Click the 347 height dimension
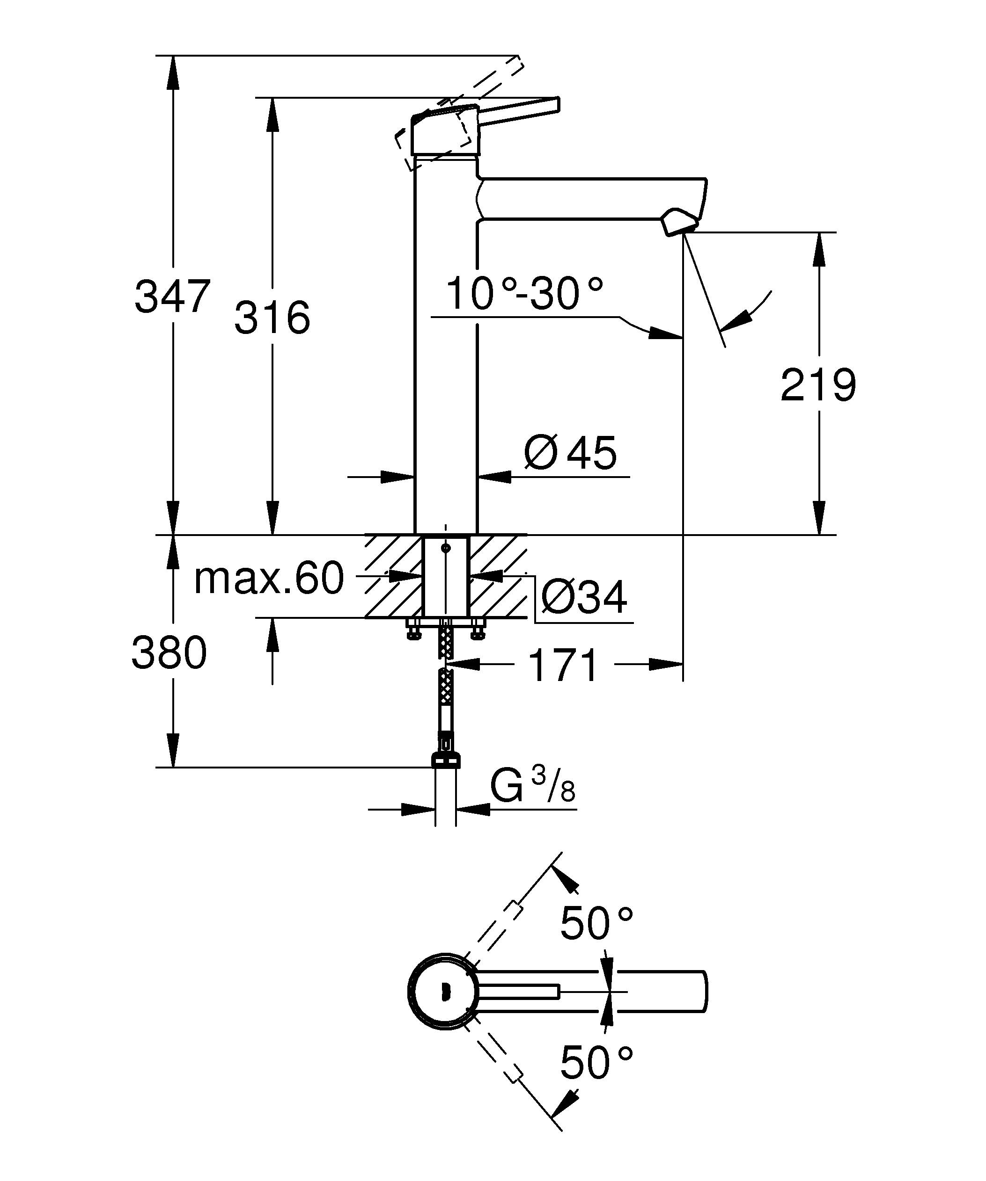pyautogui.click(x=172, y=297)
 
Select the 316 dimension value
pyautogui.click(x=272, y=318)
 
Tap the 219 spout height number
pyautogui.click(x=818, y=385)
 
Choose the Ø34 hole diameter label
pyautogui.click(x=584, y=598)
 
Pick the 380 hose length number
pyautogui.click(x=169, y=653)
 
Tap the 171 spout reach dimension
pyautogui.click(x=563, y=665)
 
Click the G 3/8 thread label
pyautogui.click(x=532, y=786)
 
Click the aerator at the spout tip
pyautogui.click(x=679, y=222)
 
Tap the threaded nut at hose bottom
pyautogui.click(x=446, y=761)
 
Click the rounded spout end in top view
pyautogui.click(x=702, y=992)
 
